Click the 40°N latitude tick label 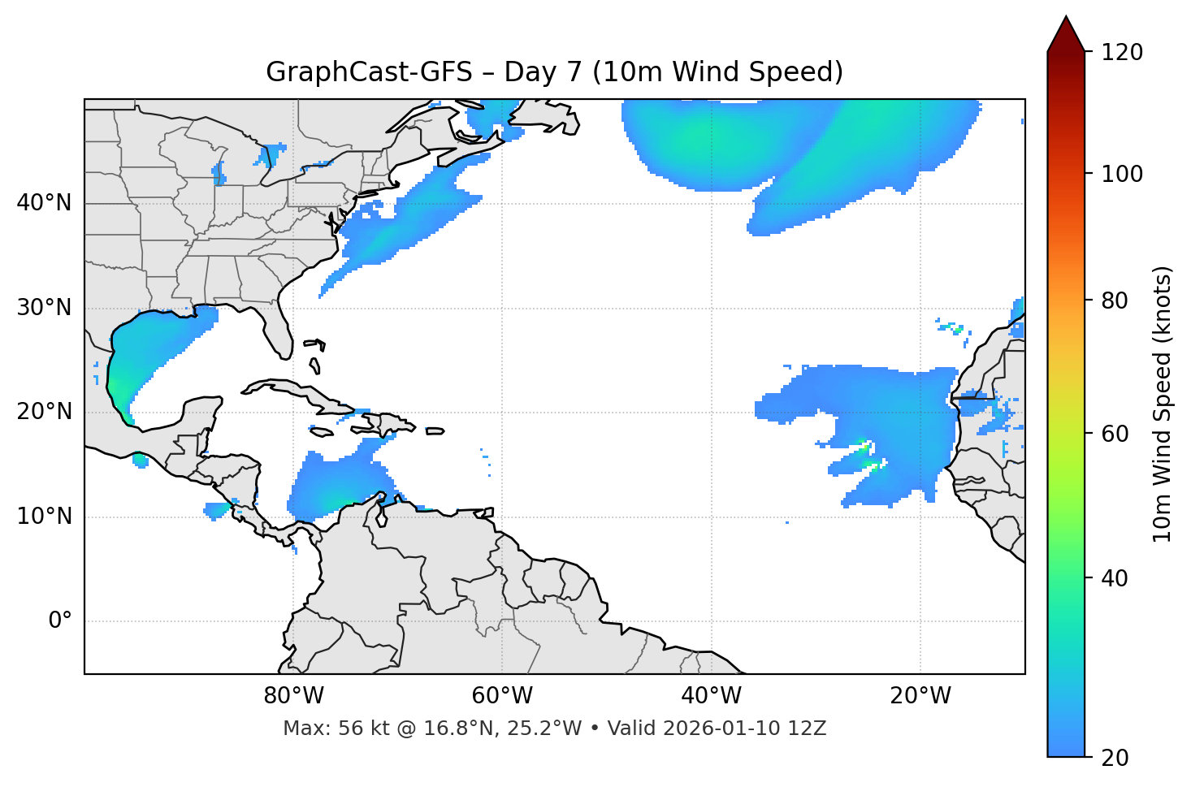click(44, 203)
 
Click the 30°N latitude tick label click(44, 308)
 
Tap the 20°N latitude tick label click(44, 412)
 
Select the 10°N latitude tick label click(44, 517)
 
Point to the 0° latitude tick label click(60, 621)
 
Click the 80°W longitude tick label click(293, 696)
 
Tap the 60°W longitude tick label click(502, 696)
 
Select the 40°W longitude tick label click(711, 696)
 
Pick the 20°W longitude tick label click(920, 696)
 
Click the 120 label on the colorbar click(1122, 53)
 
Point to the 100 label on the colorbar click(1122, 174)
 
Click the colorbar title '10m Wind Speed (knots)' click(1163, 404)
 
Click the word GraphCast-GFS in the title click(369, 72)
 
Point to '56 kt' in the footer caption click(359, 729)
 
